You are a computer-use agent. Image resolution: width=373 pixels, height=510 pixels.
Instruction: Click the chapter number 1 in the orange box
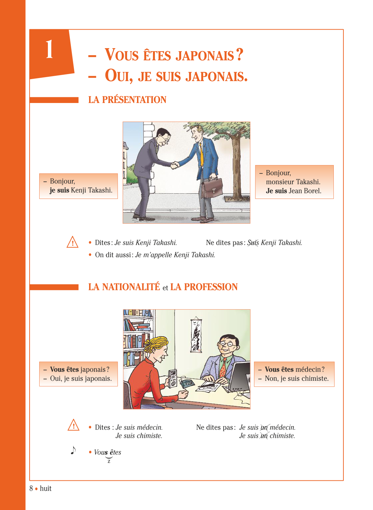coord(49,50)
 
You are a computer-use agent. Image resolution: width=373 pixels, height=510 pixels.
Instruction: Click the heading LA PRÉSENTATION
coord(127,100)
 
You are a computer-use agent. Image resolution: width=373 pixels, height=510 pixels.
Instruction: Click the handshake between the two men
coord(175,165)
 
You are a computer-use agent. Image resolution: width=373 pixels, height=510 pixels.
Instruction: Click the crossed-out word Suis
coord(253,243)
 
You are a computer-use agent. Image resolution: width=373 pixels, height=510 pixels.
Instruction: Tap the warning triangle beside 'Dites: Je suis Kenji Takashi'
coord(72,242)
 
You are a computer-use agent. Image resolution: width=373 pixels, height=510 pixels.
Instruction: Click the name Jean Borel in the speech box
coord(305,191)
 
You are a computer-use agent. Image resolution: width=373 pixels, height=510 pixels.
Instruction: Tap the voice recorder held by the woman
coord(173,378)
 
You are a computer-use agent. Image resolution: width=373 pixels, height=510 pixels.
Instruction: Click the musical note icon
coord(73,450)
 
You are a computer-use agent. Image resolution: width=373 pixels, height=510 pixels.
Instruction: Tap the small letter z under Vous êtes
coord(109,461)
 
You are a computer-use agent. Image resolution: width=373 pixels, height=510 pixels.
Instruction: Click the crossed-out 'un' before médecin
coord(264,427)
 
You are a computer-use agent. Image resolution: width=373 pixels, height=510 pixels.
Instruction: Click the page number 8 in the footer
coord(31,488)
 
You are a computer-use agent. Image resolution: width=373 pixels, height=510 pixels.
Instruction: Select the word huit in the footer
coord(46,488)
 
